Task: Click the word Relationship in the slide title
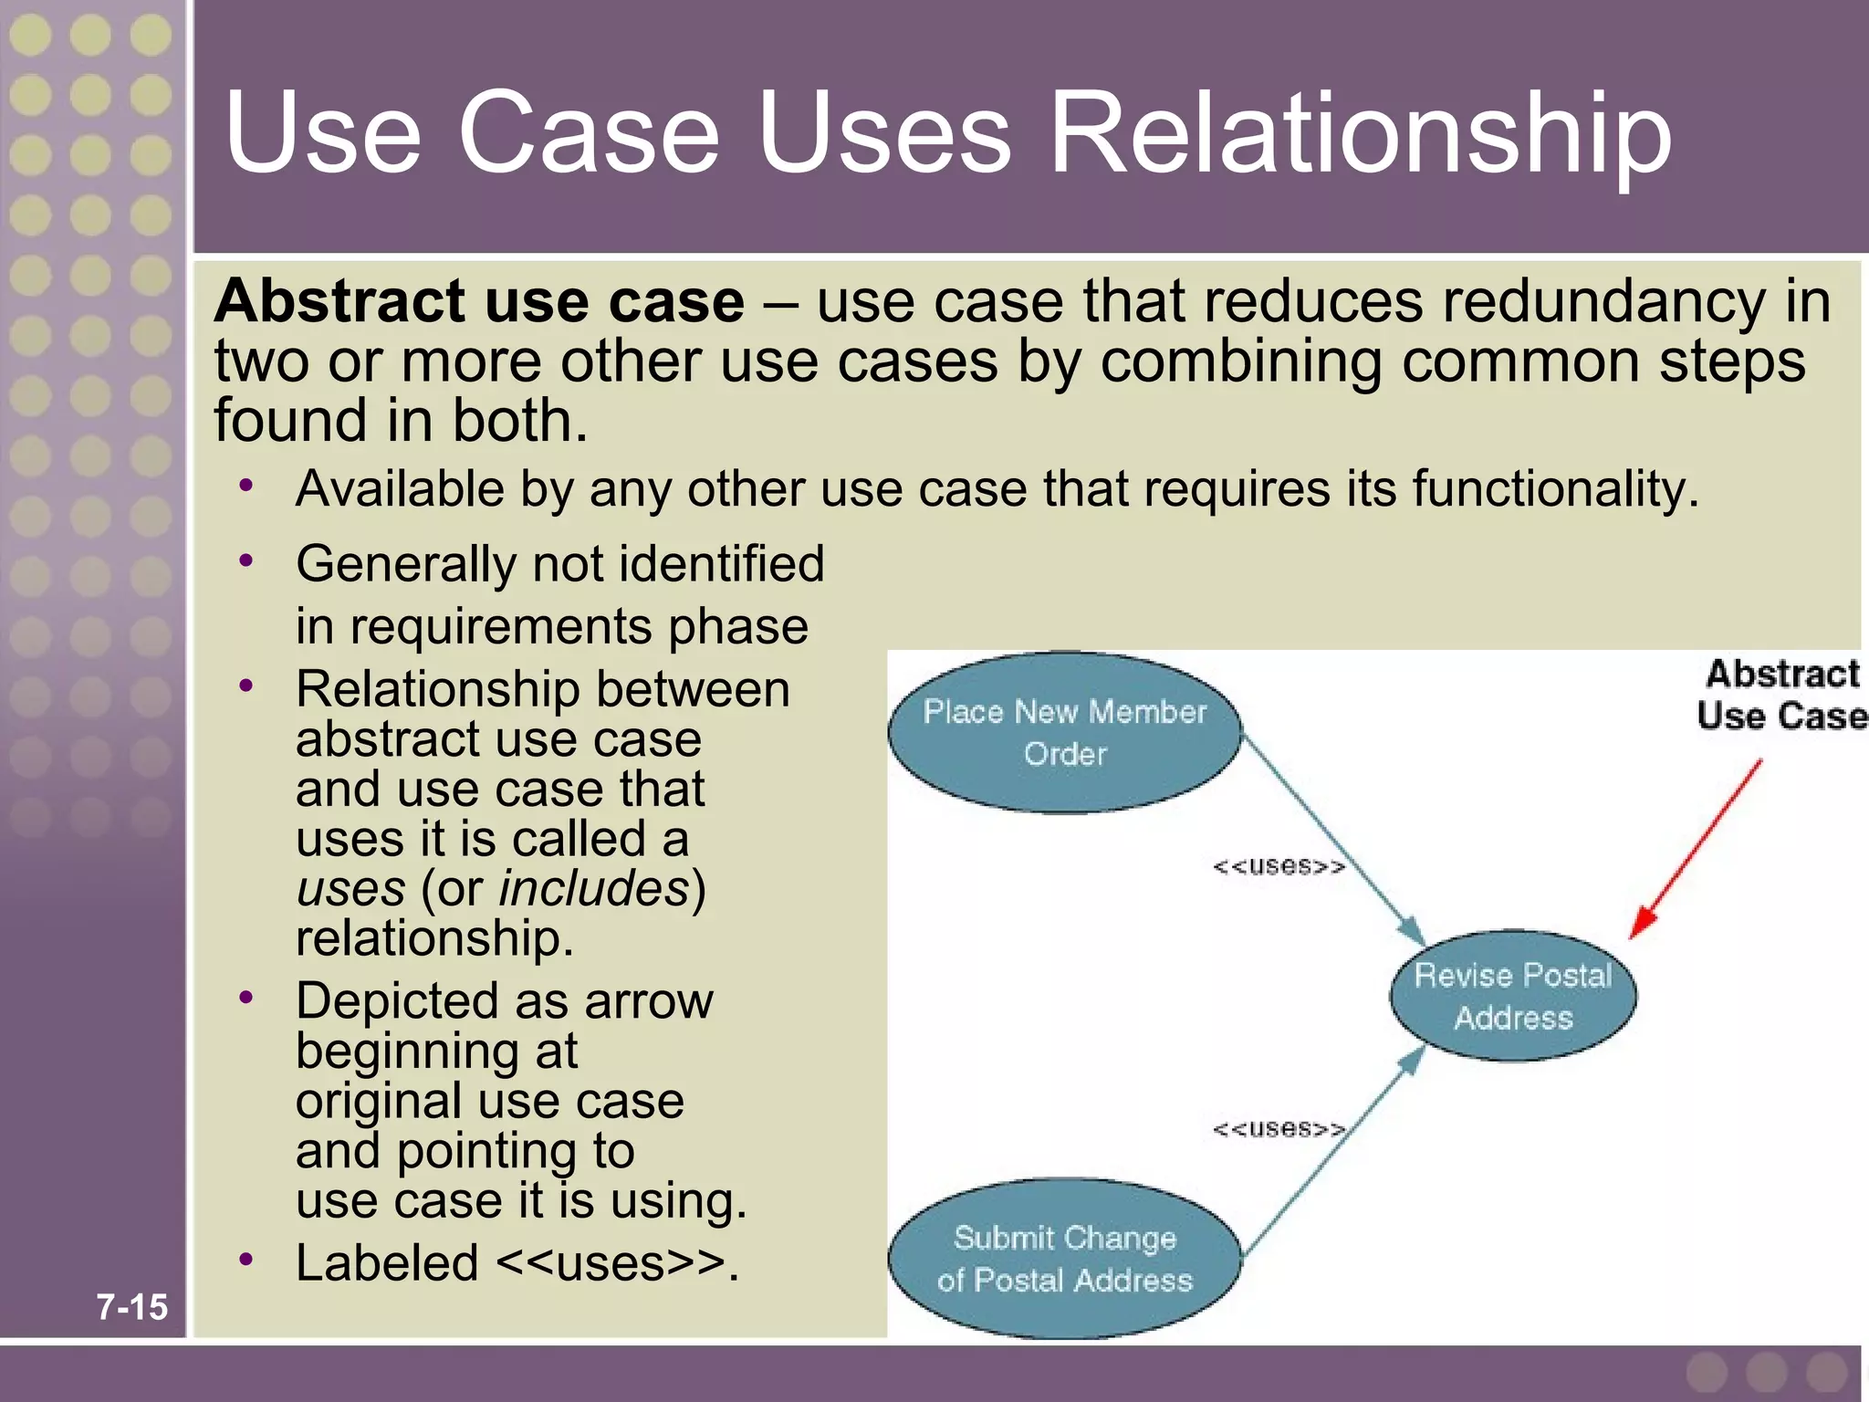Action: coord(1360,134)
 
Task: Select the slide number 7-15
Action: coord(132,1306)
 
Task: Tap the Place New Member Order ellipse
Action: coord(1064,733)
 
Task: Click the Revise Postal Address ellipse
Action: coord(1513,996)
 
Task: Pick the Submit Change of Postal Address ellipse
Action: coord(1064,1259)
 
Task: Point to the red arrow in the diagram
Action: coord(1696,849)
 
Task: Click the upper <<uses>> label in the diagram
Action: coord(1278,865)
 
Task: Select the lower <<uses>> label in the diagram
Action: coord(1278,1129)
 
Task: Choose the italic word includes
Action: coord(594,888)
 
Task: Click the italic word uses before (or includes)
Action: coord(350,888)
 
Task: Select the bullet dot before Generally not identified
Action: coord(245,560)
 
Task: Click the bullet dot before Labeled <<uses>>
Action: coord(245,1260)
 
